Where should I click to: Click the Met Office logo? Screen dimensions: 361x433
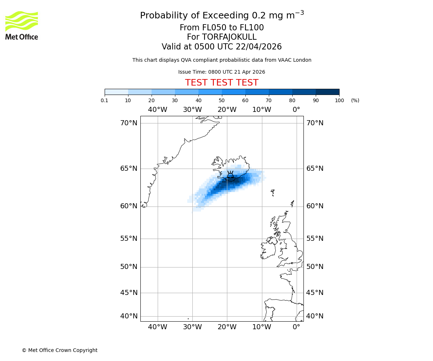[x=22, y=25]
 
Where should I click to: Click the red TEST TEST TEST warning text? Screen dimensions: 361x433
[x=222, y=83]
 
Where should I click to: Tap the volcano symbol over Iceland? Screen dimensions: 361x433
[x=230, y=176]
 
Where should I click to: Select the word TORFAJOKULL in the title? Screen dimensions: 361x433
[x=229, y=37]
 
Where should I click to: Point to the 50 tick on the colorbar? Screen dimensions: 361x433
[x=222, y=100]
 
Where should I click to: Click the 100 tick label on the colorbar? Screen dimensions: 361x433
[x=339, y=100]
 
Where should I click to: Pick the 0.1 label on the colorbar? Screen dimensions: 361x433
[x=105, y=100]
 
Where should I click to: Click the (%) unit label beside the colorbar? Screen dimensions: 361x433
[x=355, y=100]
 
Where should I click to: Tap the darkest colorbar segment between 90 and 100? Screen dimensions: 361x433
[x=327, y=92]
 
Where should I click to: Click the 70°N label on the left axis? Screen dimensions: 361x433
[x=129, y=123]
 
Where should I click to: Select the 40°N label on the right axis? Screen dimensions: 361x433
[x=315, y=316]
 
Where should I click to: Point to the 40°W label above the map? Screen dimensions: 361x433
[x=158, y=110]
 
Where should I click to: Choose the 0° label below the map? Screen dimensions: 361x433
[x=296, y=327]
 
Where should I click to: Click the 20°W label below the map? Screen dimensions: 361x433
[x=227, y=327]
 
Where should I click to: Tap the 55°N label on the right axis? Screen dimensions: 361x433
[x=315, y=239]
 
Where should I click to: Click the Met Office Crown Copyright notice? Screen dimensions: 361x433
[x=60, y=350]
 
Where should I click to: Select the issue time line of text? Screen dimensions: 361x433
[x=222, y=72]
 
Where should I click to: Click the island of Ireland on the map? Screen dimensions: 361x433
[x=268, y=249]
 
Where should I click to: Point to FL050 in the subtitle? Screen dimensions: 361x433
[x=208, y=28]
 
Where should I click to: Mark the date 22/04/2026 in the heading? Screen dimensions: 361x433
[x=259, y=47]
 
